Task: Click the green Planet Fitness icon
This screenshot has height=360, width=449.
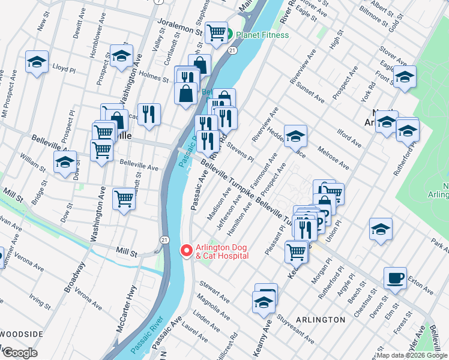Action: point(229,35)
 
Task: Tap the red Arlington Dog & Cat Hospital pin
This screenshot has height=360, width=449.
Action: point(186,250)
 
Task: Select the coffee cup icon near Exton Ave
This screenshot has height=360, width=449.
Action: point(395,278)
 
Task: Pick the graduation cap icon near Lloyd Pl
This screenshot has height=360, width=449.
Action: point(37,62)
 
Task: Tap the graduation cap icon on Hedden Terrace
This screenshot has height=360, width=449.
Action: point(295,137)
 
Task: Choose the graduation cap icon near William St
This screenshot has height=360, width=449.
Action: point(65,162)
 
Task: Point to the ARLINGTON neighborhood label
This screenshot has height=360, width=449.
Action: point(321,320)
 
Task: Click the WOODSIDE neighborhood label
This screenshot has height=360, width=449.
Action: point(21,334)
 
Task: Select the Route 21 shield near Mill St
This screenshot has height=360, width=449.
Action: point(164,240)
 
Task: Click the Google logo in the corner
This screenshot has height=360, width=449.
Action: point(20,353)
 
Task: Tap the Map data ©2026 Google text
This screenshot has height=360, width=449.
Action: point(411,355)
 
